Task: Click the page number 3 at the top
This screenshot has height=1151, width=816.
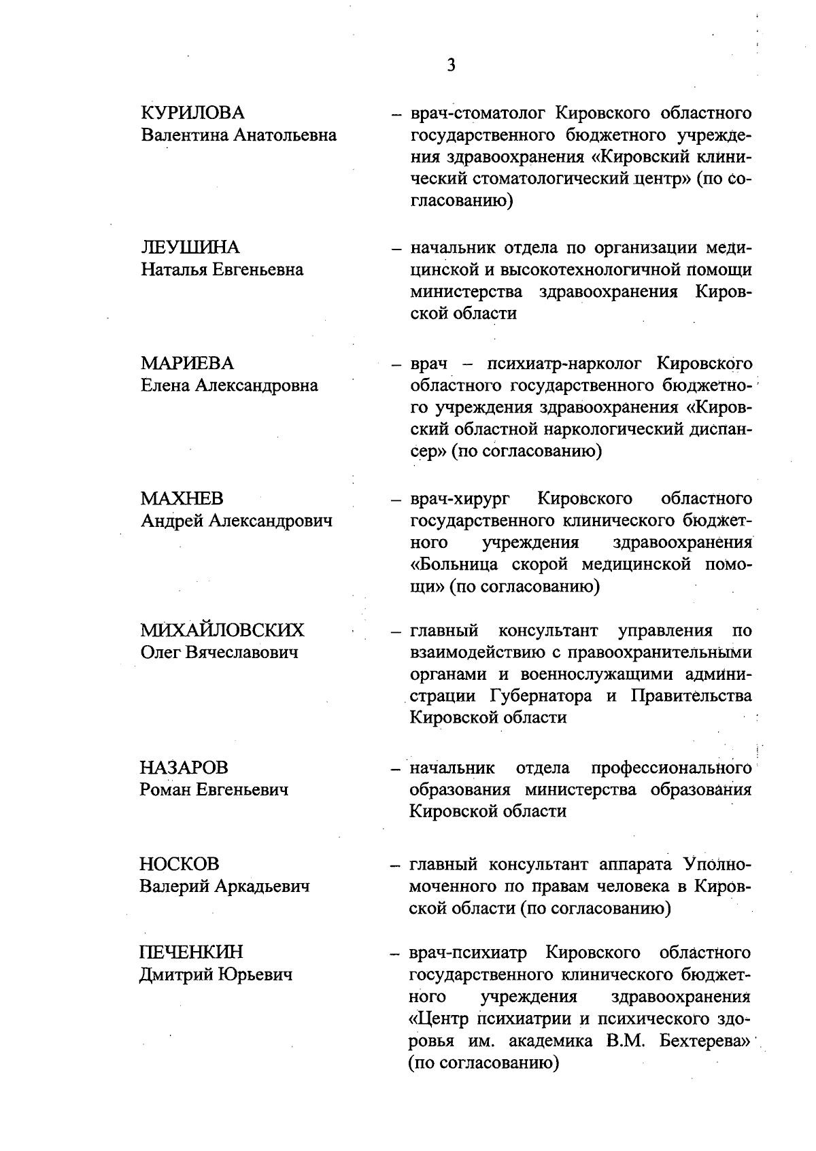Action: (x=451, y=65)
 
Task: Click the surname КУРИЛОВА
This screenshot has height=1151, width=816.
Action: (x=192, y=113)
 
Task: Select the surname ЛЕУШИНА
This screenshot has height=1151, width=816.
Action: (x=190, y=247)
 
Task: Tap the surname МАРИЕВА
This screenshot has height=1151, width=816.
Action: (x=186, y=363)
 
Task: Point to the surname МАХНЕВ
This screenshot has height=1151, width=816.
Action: (x=182, y=499)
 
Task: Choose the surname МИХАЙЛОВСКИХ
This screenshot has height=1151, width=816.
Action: (x=222, y=631)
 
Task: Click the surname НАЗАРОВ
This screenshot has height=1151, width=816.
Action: (x=184, y=768)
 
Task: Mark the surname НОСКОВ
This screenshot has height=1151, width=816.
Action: (x=180, y=864)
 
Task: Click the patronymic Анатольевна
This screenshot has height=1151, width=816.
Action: (x=286, y=135)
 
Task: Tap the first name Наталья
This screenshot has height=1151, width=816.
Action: (x=173, y=270)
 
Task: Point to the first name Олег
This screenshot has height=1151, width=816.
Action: (x=160, y=653)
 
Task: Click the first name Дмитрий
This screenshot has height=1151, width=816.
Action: (x=175, y=975)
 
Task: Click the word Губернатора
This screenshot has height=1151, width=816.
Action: (x=541, y=696)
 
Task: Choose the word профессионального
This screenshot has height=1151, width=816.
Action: (x=671, y=768)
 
